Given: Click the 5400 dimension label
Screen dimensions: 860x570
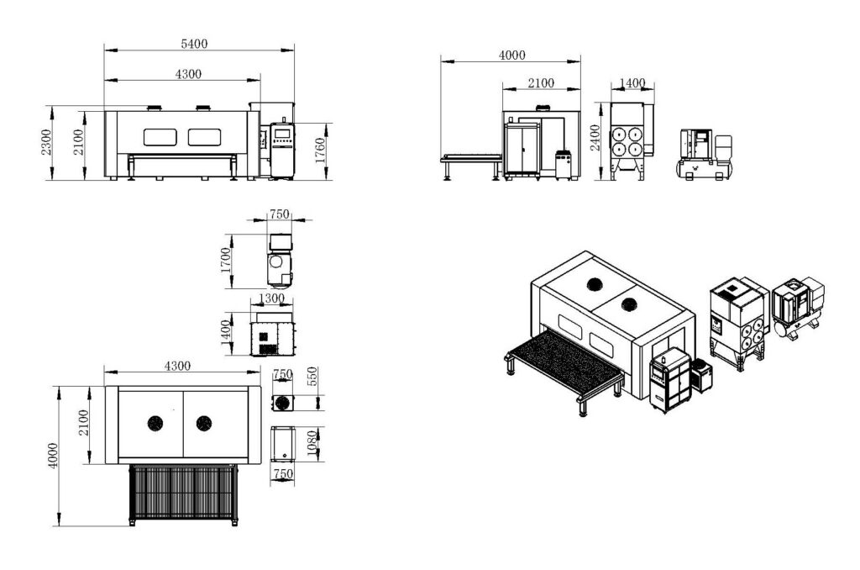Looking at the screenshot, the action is pos(194,44).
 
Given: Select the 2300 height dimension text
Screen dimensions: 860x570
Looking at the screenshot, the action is pos(47,142).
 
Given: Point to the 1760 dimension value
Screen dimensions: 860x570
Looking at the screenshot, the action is pos(320,150).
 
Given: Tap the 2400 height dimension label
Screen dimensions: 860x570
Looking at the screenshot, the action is pos(595,138).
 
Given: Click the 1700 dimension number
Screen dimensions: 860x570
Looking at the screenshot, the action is pos(225,261).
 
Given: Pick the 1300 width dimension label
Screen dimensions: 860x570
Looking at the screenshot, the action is pos(271,298).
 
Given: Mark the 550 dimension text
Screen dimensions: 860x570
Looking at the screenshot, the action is pos(312,377).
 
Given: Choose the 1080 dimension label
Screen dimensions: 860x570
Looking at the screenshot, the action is pos(312,444).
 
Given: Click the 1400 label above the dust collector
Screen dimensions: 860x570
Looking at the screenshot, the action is pos(632,83).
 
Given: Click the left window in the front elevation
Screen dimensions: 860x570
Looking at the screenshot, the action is pos(160,137).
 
